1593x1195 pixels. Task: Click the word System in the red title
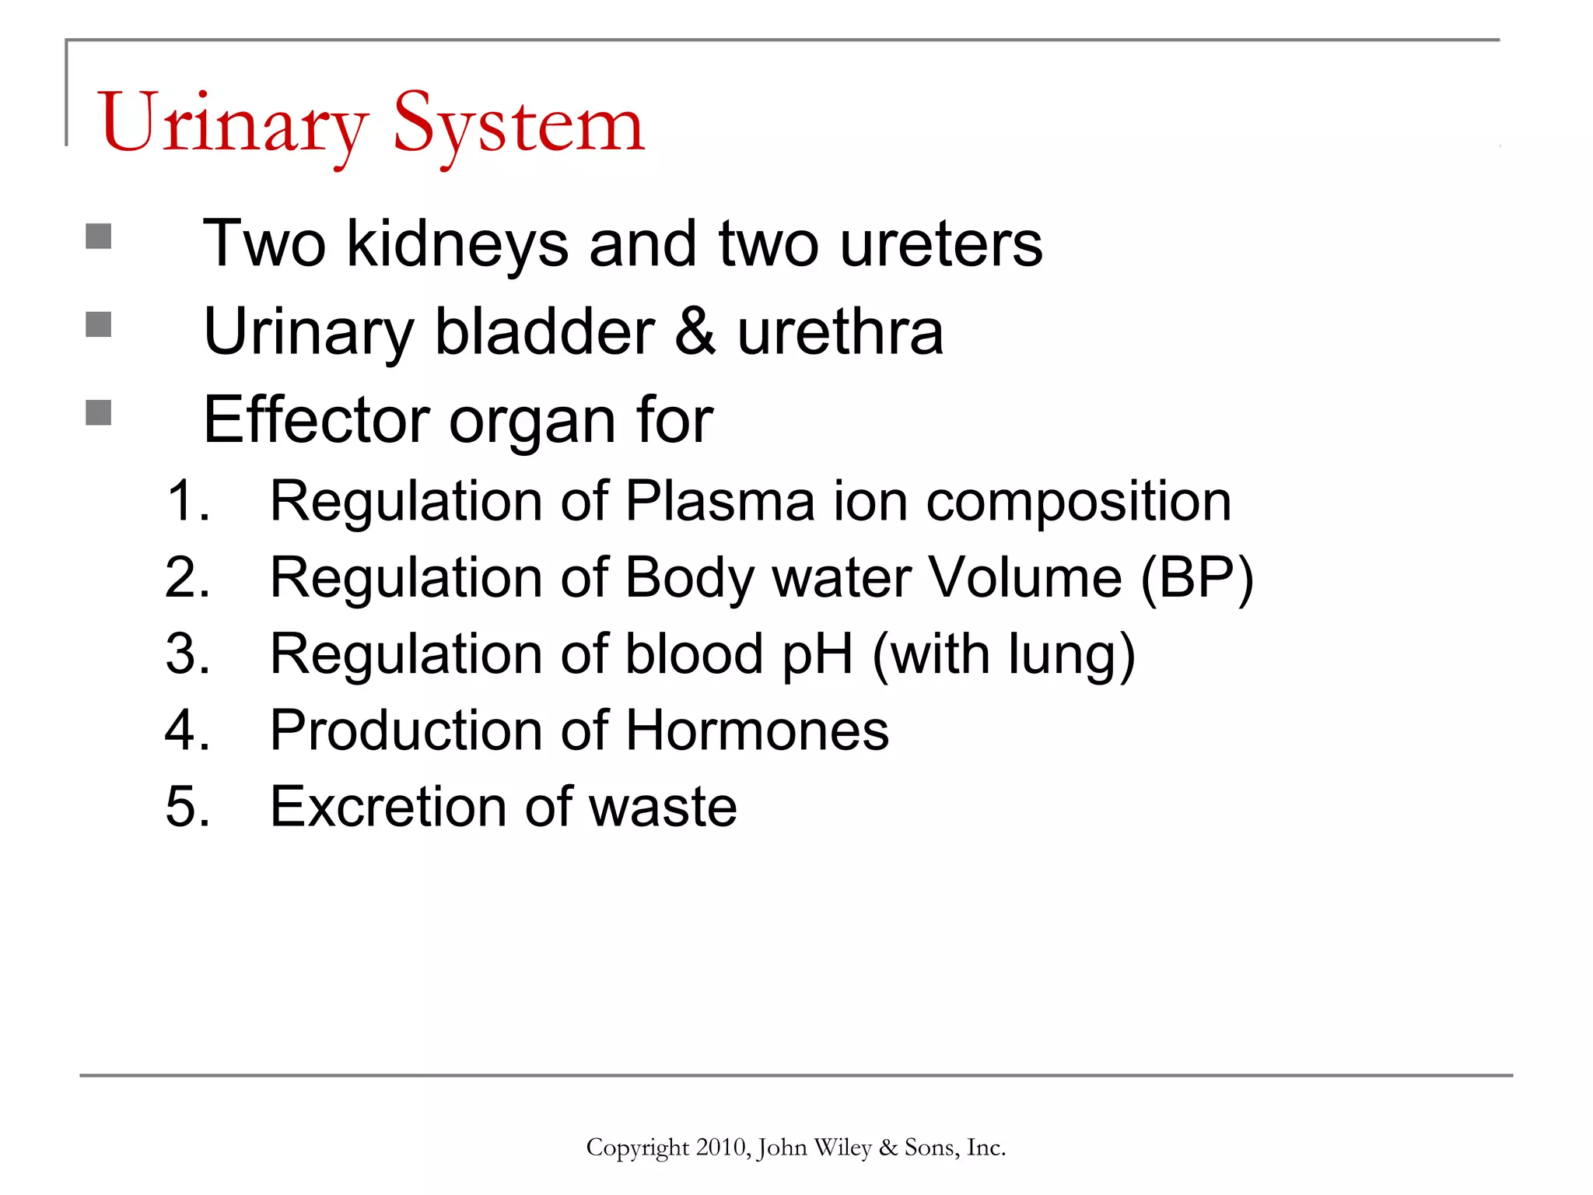(519, 124)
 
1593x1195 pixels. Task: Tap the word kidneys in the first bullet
(457, 244)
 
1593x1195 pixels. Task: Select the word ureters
(941, 244)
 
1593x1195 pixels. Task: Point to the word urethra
(840, 332)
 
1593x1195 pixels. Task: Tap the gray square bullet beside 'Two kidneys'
(99, 237)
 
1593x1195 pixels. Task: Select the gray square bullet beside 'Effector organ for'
(99, 412)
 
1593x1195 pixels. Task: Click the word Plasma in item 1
(720, 501)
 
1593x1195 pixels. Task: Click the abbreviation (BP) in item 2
(1197, 579)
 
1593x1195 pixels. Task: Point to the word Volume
(1025, 577)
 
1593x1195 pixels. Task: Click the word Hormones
(757, 731)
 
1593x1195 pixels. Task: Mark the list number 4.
(187, 731)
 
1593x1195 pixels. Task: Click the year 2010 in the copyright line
(722, 1148)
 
